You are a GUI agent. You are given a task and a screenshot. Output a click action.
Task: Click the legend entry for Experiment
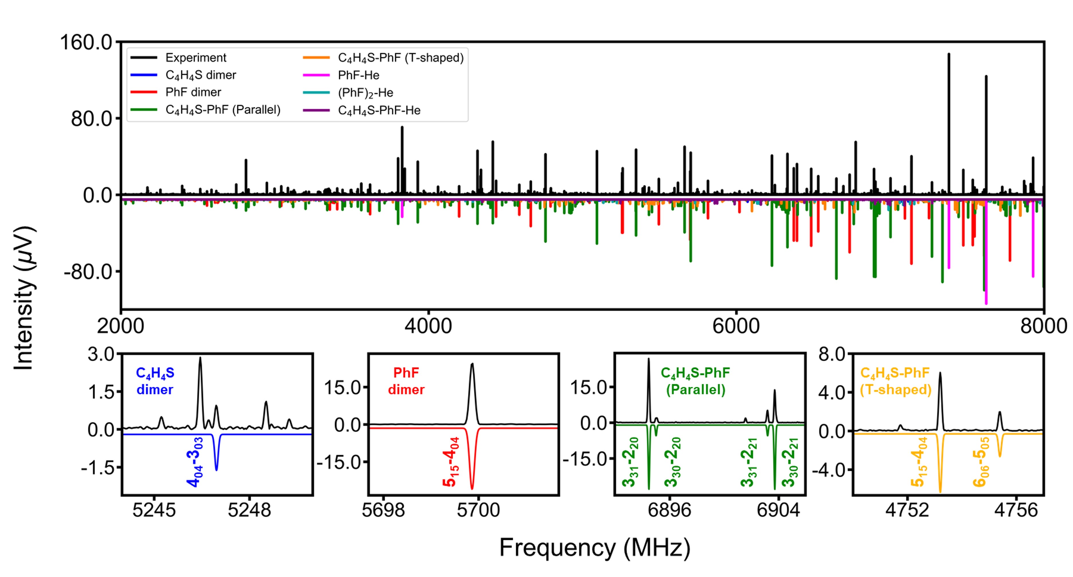pos(195,58)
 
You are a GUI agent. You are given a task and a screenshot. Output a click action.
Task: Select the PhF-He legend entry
pos(358,75)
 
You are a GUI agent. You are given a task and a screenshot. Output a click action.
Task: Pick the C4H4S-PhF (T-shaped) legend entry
pos(400,58)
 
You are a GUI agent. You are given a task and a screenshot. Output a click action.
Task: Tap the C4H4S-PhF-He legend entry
pos(379,110)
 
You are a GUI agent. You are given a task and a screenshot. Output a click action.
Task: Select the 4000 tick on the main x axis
pos(428,326)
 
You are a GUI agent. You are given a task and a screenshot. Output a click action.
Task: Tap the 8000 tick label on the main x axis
pos(1043,326)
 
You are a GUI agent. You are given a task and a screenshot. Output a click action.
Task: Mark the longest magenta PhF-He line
pos(986,292)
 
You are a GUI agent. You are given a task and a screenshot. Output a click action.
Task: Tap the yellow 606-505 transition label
pos(981,462)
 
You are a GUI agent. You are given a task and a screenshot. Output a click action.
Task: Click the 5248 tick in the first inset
pos(249,510)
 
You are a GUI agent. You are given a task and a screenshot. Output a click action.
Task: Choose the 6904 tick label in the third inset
pos(778,510)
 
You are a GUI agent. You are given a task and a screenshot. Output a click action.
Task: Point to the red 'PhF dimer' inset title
pos(406,381)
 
